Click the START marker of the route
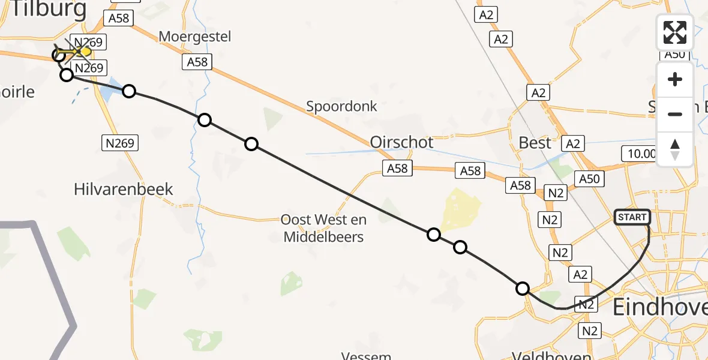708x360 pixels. pyautogui.click(x=632, y=217)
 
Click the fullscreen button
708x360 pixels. pyautogui.click(x=675, y=32)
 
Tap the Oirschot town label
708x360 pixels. pyautogui.click(x=401, y=143)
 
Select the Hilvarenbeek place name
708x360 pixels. pyautogui.click(x=123, y=190)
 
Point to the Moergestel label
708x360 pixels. pyautogui.click(x=194, y=37)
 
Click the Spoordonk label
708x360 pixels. pyautogui.click(x=341, y=107)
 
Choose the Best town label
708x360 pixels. pyautogui.click(x=535, y=143)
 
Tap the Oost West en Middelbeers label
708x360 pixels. pyautogui.click(x=323, y=228)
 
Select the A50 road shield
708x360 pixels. pyautogui.click(x=589, y=178)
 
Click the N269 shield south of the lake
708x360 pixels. pyautogui.click(x=119, y=143)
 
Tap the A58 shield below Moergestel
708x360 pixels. pyautogui.click(x=197, y=62)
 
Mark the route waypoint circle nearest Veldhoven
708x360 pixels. pyautogui.click(x=523, y=289)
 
